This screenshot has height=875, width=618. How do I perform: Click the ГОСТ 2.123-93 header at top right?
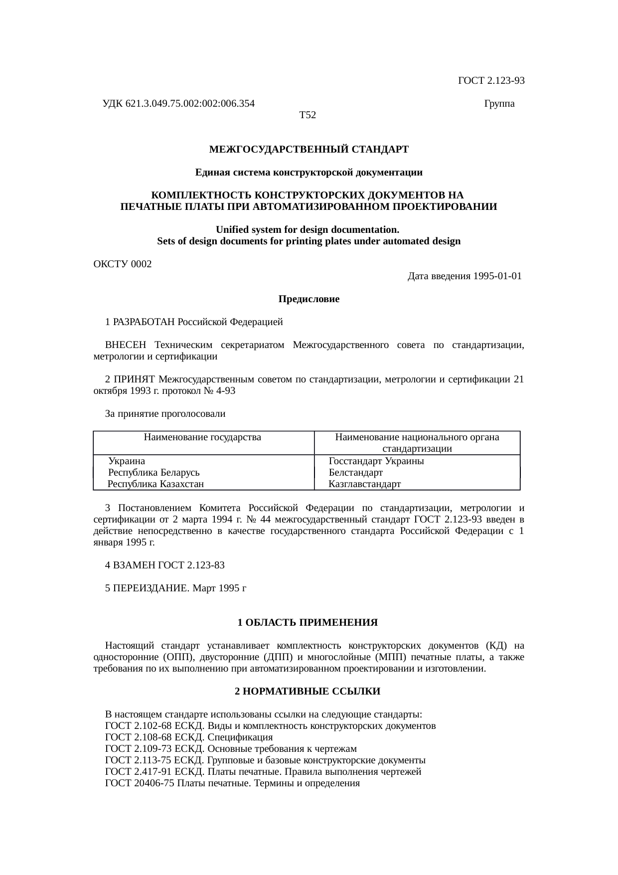[x=491, y=80]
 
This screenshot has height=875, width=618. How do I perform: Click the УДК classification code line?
[x=178, y=104]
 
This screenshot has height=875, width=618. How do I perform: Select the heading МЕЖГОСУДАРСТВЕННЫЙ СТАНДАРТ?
[x=309, y=149]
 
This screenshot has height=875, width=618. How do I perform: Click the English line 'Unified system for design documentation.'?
[x=308, y=230]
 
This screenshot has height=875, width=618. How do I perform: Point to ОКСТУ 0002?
[x=123, y=264]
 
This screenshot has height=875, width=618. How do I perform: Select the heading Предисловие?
[x=309, y=299]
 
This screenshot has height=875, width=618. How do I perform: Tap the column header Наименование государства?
[x=202, y=437]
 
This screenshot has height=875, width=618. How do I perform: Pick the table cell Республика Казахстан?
[x=156, y=484]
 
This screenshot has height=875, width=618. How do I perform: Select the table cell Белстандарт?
[x=355, y=472]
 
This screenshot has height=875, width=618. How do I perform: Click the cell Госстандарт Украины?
[x=376, y=461]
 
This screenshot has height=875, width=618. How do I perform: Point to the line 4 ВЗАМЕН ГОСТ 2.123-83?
[x=165, y=565]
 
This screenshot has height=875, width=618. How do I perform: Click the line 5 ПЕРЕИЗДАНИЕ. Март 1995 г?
[x=176, y=588]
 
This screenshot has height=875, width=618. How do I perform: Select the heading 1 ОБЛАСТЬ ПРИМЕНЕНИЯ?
[x=308, y=623]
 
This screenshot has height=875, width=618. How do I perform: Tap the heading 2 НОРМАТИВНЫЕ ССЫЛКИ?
[x=308, y=692]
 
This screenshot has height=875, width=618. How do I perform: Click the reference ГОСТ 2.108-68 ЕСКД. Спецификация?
[x=189, y=737]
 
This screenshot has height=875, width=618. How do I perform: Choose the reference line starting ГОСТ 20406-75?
[x=232, y=783]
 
